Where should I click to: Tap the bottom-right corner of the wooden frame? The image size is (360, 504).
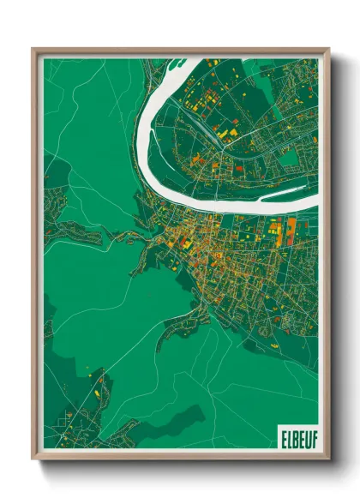click(328, 459)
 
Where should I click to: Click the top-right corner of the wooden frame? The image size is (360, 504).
click(328, 49)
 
